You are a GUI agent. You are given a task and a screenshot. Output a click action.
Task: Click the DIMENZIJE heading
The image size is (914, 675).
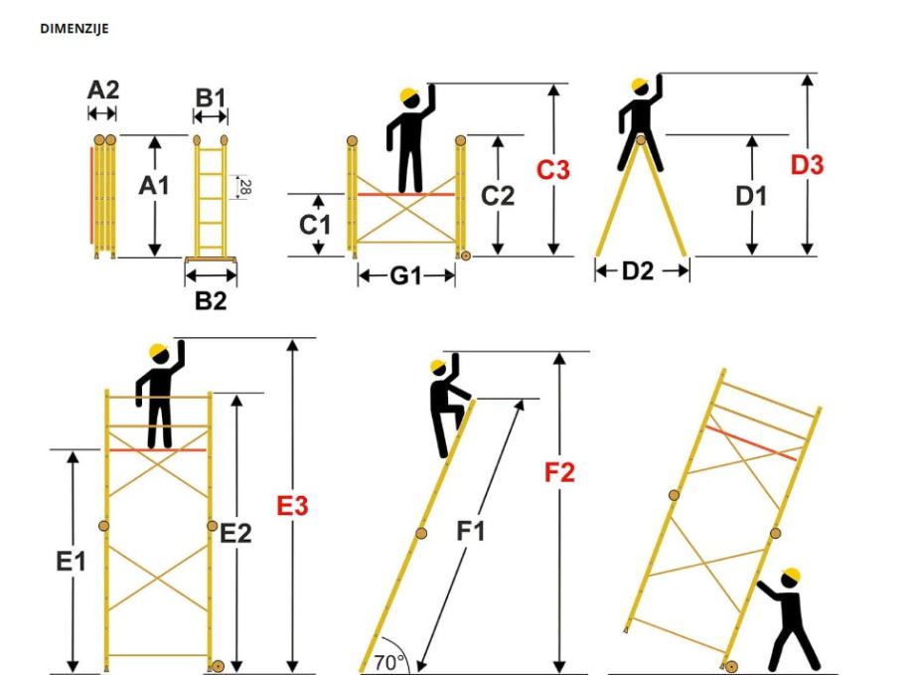(75, 29)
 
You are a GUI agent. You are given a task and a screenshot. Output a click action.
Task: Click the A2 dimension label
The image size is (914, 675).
(103, 90)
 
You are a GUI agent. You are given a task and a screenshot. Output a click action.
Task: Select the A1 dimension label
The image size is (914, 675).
(154, 186)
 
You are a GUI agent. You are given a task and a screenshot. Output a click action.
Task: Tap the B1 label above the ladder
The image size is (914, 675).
(210, 98)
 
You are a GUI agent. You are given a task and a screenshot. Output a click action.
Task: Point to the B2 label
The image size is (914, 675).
(211, 301)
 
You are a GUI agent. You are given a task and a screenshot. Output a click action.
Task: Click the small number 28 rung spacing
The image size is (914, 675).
(245, 187)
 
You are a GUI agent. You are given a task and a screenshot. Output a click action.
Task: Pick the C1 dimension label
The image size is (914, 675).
(315, 225)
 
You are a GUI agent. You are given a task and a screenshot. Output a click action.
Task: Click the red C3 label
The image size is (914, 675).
(553, 170)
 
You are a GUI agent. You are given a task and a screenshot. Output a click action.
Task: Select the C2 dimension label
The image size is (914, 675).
(498, 196)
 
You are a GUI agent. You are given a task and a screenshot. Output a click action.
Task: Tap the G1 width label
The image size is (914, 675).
(405, 275)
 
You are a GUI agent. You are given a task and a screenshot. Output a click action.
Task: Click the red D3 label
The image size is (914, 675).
(808, 165)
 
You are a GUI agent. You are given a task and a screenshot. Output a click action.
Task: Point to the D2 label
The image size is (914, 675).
(638, 270)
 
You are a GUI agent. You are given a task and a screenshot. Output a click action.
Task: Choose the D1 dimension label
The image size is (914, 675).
(751, 196)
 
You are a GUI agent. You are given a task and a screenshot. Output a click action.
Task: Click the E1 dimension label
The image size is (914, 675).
(71, 562)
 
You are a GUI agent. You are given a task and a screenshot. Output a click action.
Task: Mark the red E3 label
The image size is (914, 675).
(292, 506)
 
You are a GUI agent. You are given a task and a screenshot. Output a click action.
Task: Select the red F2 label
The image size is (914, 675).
(559, 472)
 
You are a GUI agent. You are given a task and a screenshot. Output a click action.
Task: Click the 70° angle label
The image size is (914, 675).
(389, 663)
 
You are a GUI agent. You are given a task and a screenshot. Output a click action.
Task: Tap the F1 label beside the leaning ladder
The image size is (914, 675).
(470, 532)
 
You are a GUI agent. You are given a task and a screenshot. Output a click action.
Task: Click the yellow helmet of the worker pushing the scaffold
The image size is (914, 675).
(791, 576)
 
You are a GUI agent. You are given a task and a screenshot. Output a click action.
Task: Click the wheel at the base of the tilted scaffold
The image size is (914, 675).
(731, 667)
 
